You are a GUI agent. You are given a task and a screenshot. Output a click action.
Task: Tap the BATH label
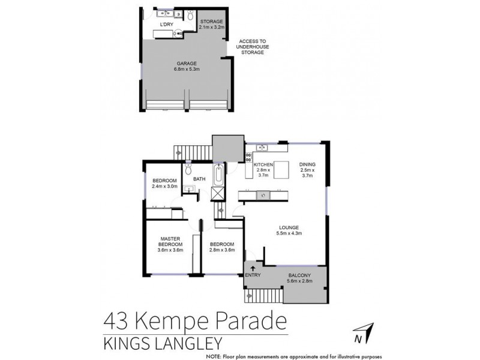tap(199, 178)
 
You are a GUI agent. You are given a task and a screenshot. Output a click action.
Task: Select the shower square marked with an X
tap(217, 194)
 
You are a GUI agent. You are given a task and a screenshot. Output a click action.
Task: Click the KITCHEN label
tap(263, 164)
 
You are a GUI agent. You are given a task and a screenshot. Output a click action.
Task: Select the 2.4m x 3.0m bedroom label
tap(164, 184)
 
